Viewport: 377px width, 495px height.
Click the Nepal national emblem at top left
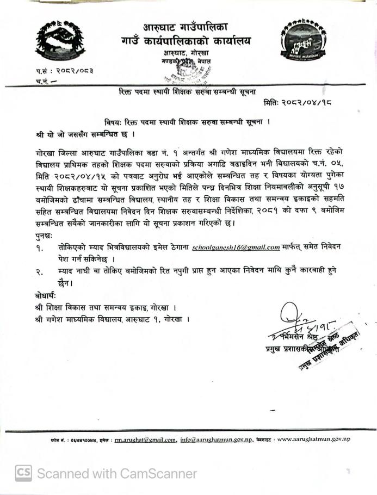tap(60, 41)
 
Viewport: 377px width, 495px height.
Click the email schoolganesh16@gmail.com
tap(236, 247)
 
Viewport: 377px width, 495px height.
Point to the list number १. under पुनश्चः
tap(40, 248)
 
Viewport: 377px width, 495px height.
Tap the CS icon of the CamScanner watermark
tap(23, 473)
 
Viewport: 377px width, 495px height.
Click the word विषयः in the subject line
tap(113, 122)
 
